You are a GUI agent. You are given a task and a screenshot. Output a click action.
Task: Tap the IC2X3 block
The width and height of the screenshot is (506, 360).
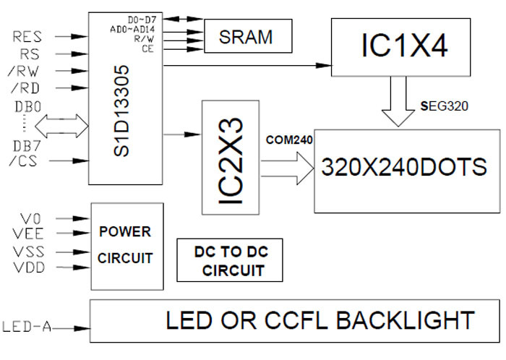coord(231,156)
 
